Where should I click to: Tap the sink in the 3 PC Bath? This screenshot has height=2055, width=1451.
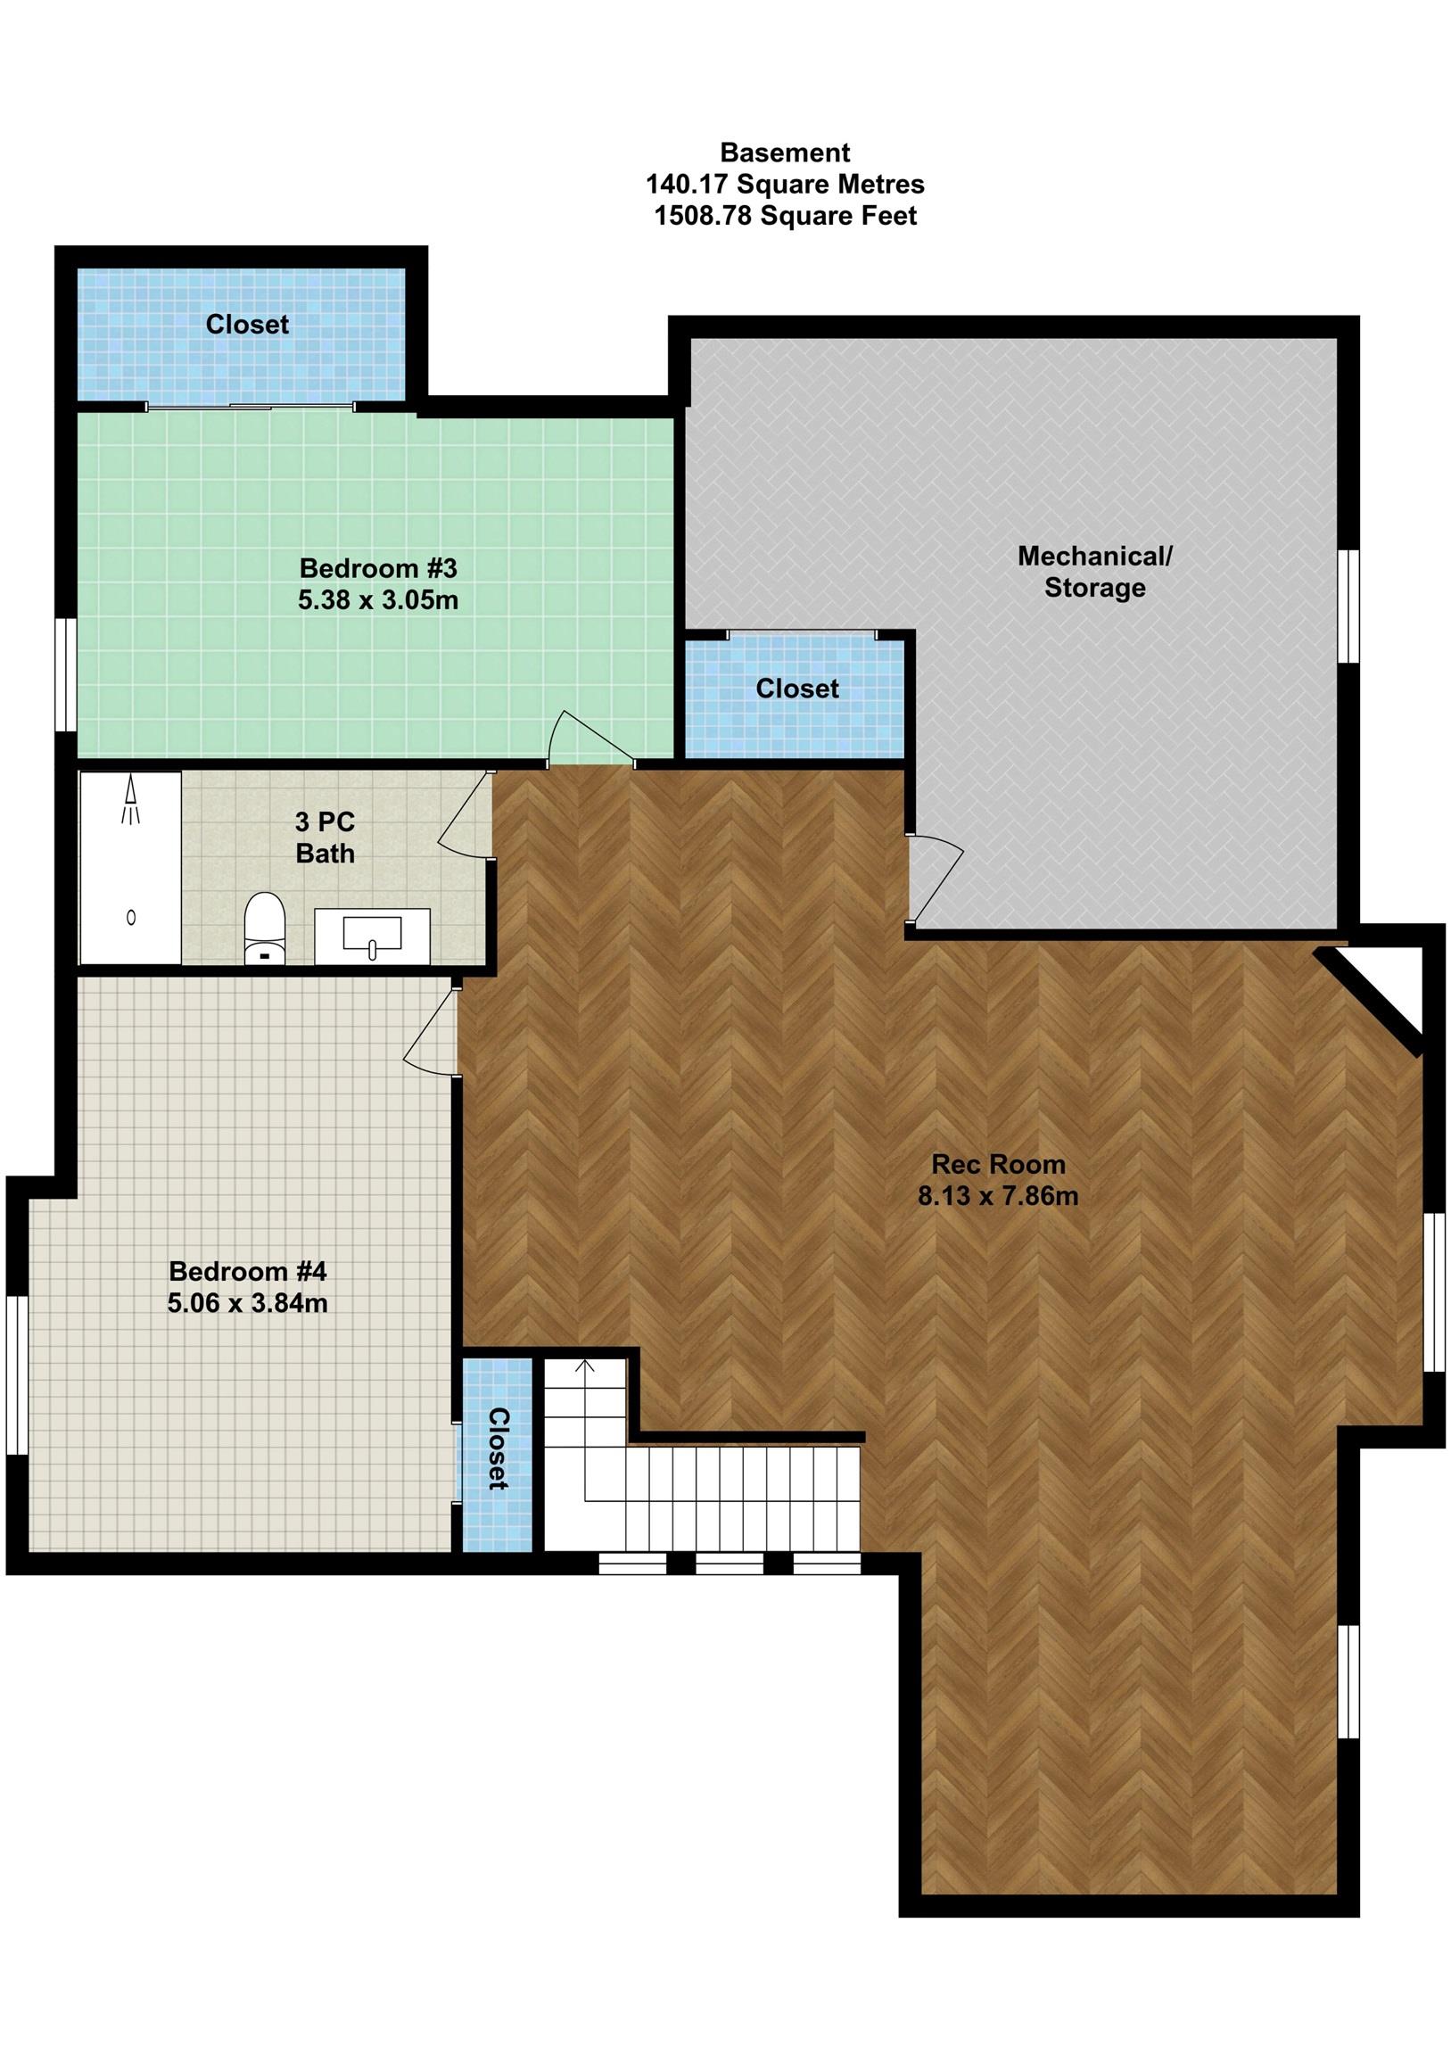point(372,936)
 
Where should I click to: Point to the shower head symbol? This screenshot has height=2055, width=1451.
point(132,801)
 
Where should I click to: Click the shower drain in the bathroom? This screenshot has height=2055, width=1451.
point(132,917)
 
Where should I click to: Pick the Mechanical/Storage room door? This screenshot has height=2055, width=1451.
point(936,879)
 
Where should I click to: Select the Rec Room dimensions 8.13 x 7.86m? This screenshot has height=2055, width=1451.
point(998,1196)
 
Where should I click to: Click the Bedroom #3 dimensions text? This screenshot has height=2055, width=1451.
point(378,599)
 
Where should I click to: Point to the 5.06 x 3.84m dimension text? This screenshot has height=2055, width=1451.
point(247,1303)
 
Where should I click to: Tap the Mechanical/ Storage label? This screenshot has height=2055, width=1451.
point(1094,572)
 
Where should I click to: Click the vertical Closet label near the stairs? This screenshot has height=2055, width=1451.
point(498,1449)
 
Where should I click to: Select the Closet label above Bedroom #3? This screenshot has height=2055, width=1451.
point(247,324)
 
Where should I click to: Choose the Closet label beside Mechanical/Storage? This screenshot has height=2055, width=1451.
point(796,689)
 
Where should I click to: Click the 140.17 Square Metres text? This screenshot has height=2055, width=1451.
point(785,185)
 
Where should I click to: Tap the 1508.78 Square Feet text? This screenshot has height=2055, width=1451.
point(785,216)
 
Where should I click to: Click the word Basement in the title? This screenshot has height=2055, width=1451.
point(785,153)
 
